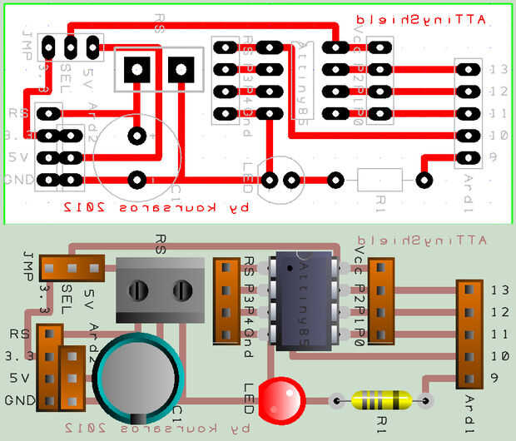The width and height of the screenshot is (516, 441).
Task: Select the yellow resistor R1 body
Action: (x=381, y=400)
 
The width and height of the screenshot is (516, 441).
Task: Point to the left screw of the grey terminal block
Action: (x=138, y=290)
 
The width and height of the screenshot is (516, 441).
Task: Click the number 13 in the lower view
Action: (x=499, y=290)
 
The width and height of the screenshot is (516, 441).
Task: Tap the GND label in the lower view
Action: (x=17, y=400)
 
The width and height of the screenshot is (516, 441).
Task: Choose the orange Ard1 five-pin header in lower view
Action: (x=470, y=333)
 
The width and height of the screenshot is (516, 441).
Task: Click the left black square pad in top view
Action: (x=135, y=70)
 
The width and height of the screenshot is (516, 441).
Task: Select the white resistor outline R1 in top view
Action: (x=380, y=179)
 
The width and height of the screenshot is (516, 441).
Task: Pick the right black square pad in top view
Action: (x=180, y=70)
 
